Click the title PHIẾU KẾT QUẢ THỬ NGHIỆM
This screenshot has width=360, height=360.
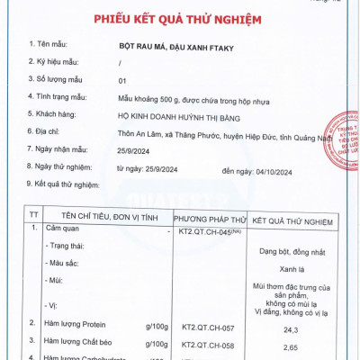tap(179, 20)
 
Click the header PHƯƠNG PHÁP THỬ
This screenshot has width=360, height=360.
tap(210, 217)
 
